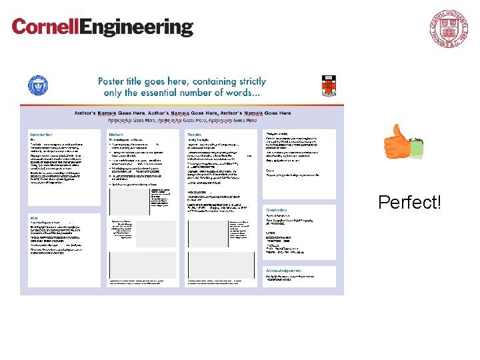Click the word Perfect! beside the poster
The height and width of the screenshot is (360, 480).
pyautogui.click(x=409, y=202)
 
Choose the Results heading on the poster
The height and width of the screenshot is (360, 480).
pyautogui.click(x=195, y=134)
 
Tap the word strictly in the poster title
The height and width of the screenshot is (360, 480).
pyautogui.click(x=248, y=81)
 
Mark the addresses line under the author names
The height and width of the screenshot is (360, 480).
pyautogui.click(x=177, y=121)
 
